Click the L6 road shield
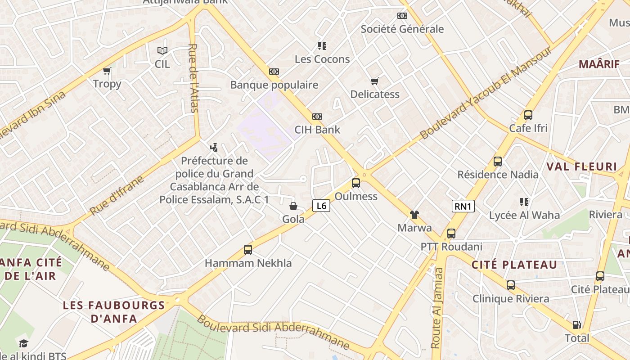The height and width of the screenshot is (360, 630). pos(321,206)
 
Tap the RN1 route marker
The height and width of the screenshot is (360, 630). pos(463,207)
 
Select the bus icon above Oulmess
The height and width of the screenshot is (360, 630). pos(356,183)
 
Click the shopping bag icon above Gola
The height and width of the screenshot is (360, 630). pos(293,206)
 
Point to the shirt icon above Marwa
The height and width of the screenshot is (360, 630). pos(414,215)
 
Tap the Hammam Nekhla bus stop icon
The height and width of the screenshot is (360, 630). pos(248,250)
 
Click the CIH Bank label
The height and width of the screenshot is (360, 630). pos(317,130)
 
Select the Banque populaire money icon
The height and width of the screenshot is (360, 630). pos(274,72)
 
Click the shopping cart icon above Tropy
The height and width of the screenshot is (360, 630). pos(107,71)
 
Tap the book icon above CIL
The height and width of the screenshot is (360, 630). pos(162,51)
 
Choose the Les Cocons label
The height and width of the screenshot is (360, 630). pos(322,59)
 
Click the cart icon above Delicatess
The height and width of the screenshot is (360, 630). pos(374,81)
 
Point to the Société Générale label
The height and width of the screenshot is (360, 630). pos(402,29)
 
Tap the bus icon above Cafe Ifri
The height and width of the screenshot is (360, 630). pos(528,115)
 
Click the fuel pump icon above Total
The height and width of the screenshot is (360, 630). pos(576,325)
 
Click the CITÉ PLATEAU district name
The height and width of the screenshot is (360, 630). pos(514,265)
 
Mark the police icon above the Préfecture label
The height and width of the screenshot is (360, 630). pos(214,147)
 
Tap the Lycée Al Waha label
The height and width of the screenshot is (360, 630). pos(524,215)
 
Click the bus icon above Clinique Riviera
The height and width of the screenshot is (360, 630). pos(511,285)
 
